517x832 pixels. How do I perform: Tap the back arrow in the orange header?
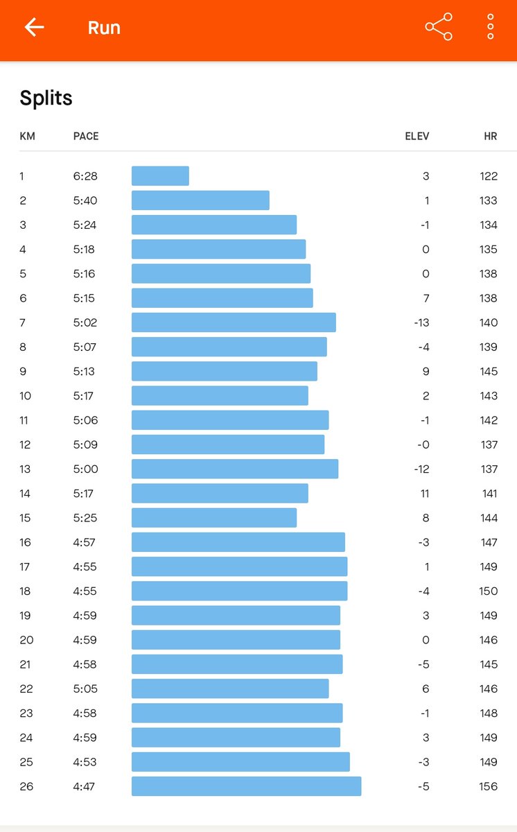[34, 27]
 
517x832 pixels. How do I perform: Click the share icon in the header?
[439, 27]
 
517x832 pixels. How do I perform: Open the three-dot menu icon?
[490, 27]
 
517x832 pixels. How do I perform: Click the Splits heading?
[46, 98]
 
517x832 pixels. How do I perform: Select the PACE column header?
[86, 137]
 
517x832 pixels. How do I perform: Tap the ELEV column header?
[417, 137]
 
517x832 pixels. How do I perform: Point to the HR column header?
[490, 137]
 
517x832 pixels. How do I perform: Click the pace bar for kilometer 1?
[160, 175]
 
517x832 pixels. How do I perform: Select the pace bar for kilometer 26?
[247, 786]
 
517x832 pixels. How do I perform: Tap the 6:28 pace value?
[85, 176]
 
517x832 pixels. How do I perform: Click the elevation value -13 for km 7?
[421, 323]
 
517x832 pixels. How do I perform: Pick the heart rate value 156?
[488, 787]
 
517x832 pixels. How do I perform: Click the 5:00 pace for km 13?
[85, 469]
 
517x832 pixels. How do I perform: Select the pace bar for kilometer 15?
[214, 518]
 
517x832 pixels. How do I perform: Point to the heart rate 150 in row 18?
[488, 591]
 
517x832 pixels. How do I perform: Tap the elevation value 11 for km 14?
[425, 494]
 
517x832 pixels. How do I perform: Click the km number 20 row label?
[26, 640]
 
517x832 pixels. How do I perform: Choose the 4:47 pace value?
[84, 787]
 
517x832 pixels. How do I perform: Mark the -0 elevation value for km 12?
[423, 444]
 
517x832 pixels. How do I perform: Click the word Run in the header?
[104, 28]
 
